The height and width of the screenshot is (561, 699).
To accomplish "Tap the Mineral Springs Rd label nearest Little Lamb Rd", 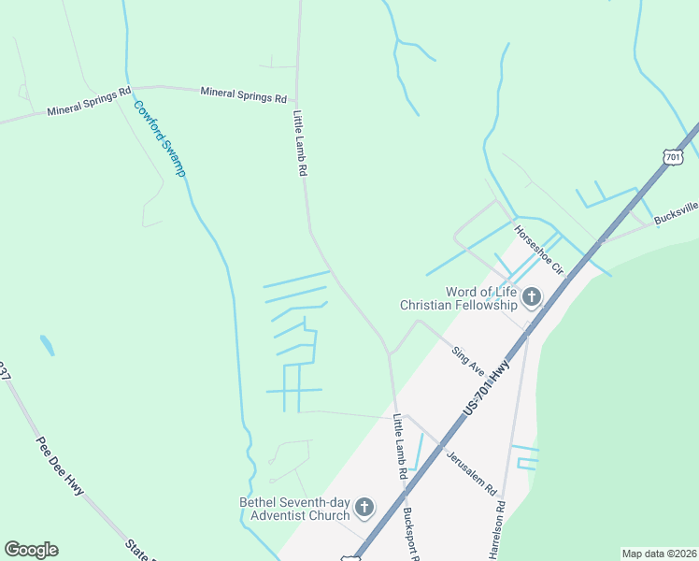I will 243,94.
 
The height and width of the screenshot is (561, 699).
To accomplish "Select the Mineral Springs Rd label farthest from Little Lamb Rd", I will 89,103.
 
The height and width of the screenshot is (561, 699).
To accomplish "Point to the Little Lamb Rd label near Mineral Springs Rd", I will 301,145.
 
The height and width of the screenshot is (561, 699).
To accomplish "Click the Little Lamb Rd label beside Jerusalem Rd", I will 400,446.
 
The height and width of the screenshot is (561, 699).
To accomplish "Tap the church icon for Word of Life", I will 531,298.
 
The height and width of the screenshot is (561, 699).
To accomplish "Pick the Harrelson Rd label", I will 498,530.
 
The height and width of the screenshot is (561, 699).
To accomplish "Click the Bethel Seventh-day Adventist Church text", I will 293,509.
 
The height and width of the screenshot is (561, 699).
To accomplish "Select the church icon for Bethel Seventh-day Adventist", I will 364,509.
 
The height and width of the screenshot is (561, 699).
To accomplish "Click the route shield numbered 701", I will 675,158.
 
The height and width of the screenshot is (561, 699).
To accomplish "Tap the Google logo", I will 31,550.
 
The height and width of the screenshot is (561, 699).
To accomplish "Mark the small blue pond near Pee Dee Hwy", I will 47,345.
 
